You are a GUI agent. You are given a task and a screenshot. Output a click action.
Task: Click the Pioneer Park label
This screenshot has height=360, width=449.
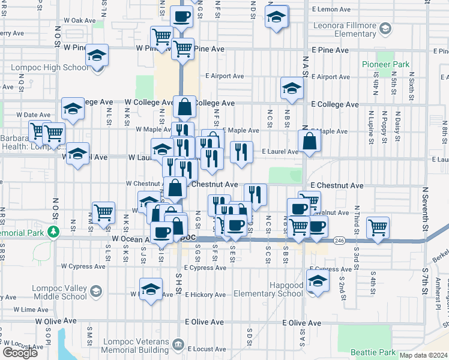coord(385,64)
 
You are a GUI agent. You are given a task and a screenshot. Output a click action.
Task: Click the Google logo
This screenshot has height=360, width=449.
coord(20,353)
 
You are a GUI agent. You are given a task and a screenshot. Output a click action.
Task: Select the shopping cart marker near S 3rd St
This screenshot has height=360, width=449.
coord(378,227)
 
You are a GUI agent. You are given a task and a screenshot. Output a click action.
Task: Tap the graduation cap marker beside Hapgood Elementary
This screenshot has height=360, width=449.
coord(317,280)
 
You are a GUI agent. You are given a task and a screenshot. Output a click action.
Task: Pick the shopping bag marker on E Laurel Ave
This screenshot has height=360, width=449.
coord(309,142)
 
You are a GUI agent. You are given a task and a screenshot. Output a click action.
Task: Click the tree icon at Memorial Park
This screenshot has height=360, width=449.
coord(53,232)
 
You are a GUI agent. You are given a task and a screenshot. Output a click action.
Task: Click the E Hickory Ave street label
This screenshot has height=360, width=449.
coord(204,295)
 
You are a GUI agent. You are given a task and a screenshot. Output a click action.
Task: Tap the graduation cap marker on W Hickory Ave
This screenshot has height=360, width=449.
coord(151,289)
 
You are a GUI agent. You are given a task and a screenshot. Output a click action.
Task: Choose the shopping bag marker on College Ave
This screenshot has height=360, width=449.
coord(185,107)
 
